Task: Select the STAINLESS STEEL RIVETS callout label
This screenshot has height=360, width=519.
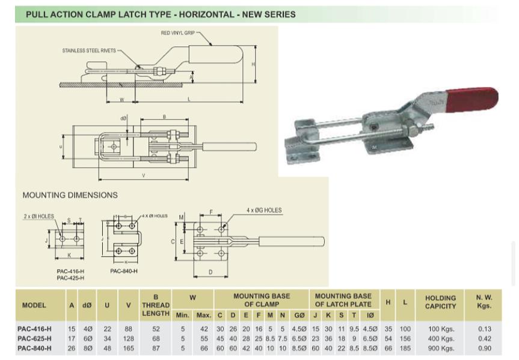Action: click(88, 50)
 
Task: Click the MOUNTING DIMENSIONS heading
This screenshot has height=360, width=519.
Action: click(70, 195)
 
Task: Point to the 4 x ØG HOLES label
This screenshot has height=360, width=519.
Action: click(263, 210)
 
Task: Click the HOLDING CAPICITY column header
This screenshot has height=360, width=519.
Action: click(440, 302)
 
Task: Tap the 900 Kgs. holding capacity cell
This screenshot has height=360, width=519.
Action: click(440, 348)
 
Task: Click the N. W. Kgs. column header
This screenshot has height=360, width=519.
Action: click(484, 302)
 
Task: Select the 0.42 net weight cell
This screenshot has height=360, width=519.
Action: click(484, 338)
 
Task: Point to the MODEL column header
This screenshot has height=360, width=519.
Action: click(34, 305)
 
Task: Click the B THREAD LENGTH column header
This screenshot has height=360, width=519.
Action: click(156, 305)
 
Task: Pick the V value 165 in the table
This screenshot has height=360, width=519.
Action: click(128, 348)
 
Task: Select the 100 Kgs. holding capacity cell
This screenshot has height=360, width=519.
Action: click(440, 329)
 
